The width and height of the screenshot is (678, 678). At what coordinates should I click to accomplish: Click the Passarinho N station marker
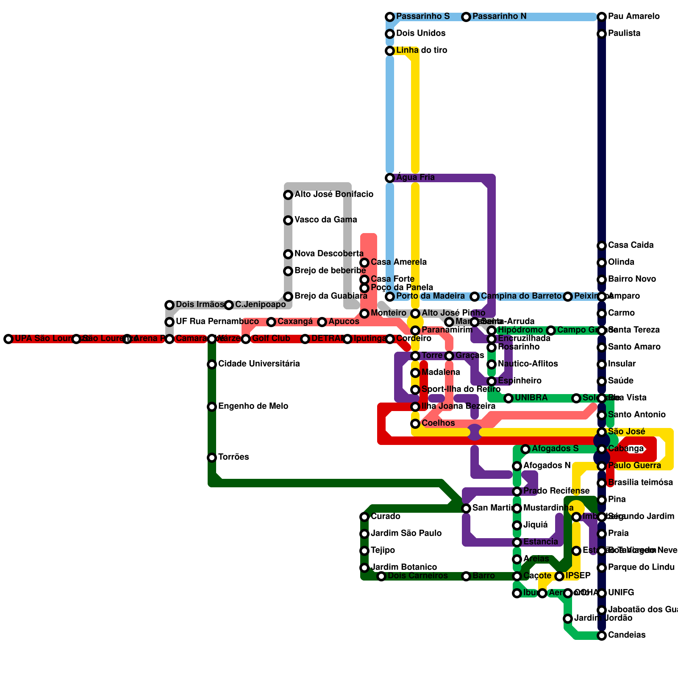(x=466, y=17)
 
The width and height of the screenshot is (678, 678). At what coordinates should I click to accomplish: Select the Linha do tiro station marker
(x=390, y=51)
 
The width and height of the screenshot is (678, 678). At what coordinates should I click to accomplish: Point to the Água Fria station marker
(x=390, y=178)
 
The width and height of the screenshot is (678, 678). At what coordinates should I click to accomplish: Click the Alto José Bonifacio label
(x=334, y=195)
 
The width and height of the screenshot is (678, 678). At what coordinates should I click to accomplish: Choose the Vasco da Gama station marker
(x=288, y=220)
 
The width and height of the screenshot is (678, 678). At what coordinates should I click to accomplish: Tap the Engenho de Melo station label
(x=253, y=406)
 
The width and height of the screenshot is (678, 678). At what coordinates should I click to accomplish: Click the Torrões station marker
(x=212, y=458)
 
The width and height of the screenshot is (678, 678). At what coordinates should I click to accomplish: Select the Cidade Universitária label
(x=259, y=364)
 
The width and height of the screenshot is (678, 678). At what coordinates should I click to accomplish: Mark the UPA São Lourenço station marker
(x=8, y=339)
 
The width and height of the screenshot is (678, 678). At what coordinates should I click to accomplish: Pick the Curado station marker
(x=364, y=517)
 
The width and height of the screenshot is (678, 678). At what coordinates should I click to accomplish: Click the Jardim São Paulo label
(x=406, y=534)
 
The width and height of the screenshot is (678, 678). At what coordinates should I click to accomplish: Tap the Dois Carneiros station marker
(x=381, y=576)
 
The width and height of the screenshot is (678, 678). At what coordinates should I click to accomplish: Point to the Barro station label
(x=483, y=576)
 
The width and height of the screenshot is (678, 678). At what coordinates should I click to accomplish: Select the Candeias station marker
(x=602, y=636)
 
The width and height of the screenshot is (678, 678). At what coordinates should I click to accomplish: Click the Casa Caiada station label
(x=631, y=245)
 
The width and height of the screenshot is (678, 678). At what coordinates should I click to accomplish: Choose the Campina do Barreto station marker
(x=475, y=297)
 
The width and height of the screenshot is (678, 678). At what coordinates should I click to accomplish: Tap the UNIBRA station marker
(x=508, y=398)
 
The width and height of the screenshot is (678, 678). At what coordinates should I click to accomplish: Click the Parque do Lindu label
(x=641, y=567)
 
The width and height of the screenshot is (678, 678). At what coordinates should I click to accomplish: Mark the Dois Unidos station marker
(x=390, y=34)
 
